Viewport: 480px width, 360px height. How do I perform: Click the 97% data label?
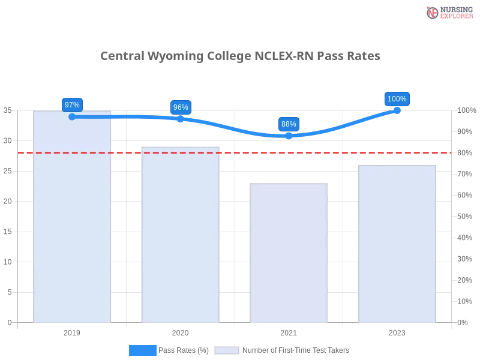click(x=72, y=104)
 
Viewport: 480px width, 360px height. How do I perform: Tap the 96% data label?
click(x=181, y=107)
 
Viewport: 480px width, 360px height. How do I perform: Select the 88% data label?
click(x=289, y=124)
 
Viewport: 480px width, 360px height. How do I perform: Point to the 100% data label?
click(x=397, y=99)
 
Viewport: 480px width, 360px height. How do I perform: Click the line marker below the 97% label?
click(x=72, y=116)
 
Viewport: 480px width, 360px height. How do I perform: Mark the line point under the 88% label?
click(x=289, y=137)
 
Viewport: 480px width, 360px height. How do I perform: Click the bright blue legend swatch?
click(x=143, y=350)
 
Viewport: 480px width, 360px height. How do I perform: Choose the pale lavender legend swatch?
click(x=227, y=350)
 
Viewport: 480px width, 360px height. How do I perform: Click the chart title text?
click(x=241, y=56)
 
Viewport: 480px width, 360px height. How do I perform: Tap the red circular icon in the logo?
click(x=433, y=13)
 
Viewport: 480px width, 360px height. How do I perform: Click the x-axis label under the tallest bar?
click(x=72, y=331)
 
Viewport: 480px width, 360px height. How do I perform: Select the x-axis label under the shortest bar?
click(x=289, y=331)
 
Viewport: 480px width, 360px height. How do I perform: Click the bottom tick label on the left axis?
click(x=10, y=322)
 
